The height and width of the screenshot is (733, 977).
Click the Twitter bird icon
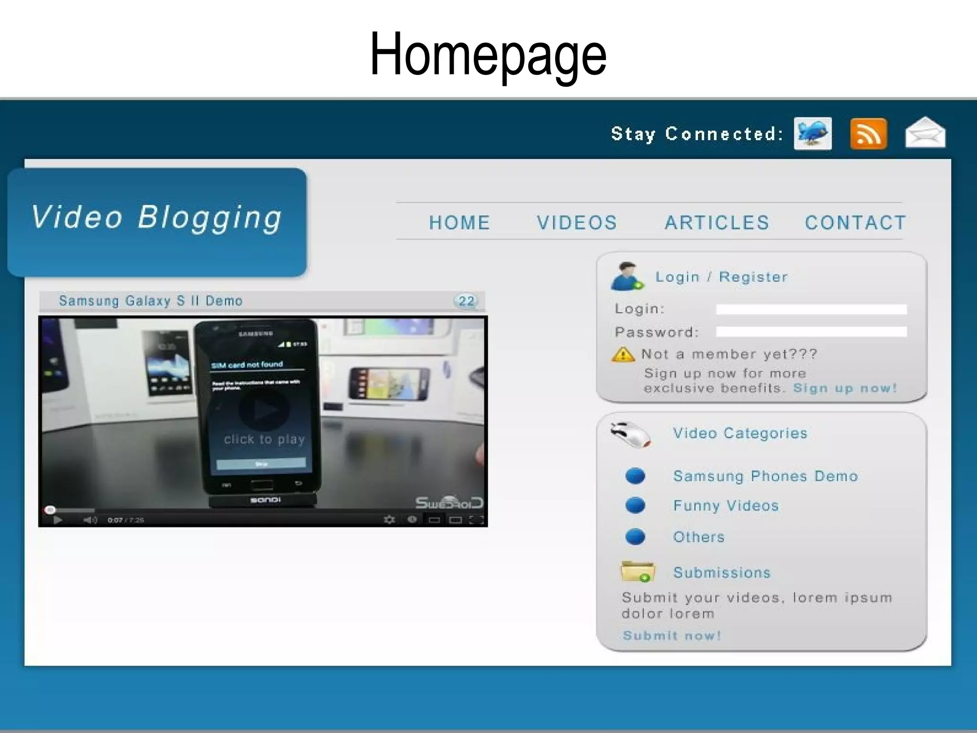click(x=812, y=134)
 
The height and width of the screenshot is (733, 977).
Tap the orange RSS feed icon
click(x=868, y=134)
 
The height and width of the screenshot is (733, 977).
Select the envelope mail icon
click(x=925, y=133)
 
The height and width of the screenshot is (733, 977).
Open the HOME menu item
click(x=459, y=222)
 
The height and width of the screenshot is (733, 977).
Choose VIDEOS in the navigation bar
click(x=577, y=222)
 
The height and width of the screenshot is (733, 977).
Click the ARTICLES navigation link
click(x=717, y=222)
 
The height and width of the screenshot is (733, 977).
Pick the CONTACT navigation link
click(x=855, y=222)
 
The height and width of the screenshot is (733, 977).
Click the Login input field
click(x=811, y=309)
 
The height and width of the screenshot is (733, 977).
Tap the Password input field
click(x=811, y=332)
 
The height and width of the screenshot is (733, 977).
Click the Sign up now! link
click(x=845, y=388)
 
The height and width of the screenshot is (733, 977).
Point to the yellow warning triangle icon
click(x=623, y=355)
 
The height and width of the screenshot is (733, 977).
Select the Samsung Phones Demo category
click(x=765, y=476)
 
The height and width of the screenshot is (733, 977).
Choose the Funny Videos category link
click(x=726, y=505)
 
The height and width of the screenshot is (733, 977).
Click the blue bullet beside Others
click(x=635, y=537)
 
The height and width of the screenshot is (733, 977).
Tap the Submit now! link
click(x=672, y=635)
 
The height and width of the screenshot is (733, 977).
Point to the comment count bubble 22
click(x=466, y=301)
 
